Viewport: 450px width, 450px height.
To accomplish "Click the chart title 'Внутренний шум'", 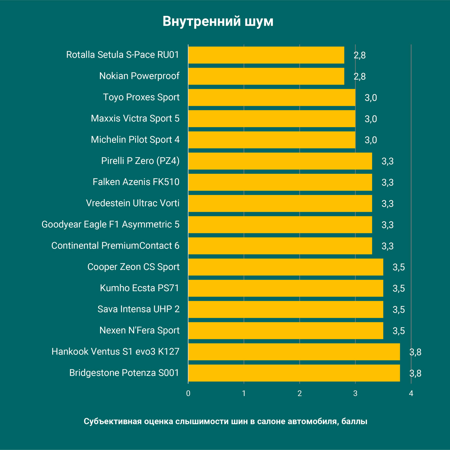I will (x=218, y=21).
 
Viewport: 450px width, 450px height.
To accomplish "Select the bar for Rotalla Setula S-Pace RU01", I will (x=266, y=55).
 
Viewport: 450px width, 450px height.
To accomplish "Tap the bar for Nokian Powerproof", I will (x=266, y=76).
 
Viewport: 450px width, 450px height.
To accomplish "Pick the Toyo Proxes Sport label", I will (x=141, y=97).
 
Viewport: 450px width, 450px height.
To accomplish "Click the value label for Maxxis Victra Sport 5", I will (x=371, y=119).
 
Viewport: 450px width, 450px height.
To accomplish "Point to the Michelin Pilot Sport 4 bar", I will (x=272, y=140).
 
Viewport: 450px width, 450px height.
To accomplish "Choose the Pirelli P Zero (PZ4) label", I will (x=140, y=161).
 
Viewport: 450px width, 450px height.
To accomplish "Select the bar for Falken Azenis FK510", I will (x=280, y=182).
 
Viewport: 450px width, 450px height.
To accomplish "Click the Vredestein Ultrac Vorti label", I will (x=133, y=203).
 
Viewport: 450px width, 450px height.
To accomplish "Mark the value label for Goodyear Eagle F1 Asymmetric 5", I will (x=387, y=225).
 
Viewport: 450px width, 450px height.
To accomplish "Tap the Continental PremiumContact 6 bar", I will (x=280, y=246).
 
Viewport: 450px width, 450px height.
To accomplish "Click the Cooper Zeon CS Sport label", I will (x=133, y=267).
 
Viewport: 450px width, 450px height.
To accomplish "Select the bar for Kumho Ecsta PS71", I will (x=286, y=288).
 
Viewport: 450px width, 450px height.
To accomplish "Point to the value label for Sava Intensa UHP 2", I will (x=399, y=310).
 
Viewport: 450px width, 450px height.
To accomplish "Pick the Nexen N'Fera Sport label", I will (x=139, y=330).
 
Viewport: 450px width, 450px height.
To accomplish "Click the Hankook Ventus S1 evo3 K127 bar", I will (x=294, y=352).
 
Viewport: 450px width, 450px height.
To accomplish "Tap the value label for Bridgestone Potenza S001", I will (x=415, y=373).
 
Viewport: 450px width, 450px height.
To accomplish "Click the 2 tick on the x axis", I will (x=300, y=394).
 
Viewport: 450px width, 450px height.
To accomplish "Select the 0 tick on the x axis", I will (x=188, y=394).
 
